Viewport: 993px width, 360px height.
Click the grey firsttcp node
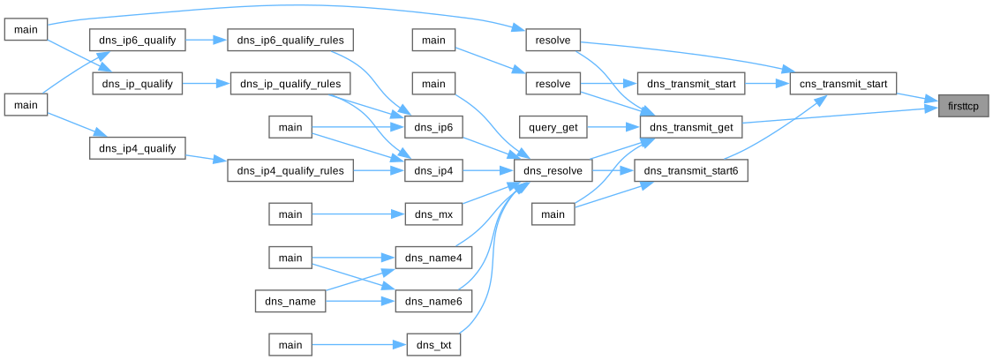(963, 106)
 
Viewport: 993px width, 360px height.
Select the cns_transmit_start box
(843, 84)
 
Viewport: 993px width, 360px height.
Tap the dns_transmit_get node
(691, 128)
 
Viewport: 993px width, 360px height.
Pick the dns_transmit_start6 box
(691, 171)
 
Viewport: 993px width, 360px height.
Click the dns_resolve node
(553, 171)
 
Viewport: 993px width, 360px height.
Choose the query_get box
(553, 128)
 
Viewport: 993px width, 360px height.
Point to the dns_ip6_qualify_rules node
(290, 41)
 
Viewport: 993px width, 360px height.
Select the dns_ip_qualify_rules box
(290, 84)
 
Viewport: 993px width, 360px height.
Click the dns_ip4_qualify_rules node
(290, 170)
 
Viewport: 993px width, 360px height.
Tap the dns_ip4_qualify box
(137, 149)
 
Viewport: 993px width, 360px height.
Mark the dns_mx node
(433, 214)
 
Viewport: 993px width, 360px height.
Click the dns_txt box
(433, 344)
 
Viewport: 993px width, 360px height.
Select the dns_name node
(290, 301)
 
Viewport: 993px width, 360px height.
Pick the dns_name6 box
(433, 301)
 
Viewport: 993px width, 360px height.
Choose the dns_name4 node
(433, 258)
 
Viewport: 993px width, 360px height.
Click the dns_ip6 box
(433, 128)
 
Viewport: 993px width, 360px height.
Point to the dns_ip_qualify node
(137, 84)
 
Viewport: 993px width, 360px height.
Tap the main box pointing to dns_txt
(290, 344)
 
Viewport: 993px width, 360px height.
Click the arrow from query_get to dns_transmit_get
(613, 128)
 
